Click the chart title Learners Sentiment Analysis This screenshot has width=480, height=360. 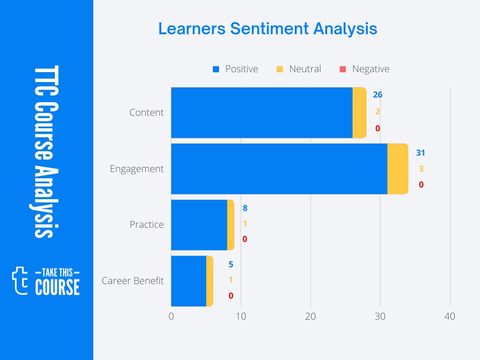[x=268, y=29]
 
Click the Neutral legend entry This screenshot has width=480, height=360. [x=299, y=69]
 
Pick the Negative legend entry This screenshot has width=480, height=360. [x=364, y=69]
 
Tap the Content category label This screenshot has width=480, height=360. [x=147, y=112]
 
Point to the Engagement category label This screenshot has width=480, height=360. [x=137, y=169]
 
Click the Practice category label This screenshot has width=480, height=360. [x=147, y=225]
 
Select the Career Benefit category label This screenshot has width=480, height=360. [x=133, y=281]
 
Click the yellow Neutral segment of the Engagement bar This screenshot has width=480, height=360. [x=398, y=169]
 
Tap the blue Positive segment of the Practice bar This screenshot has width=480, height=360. [x=199, y=225]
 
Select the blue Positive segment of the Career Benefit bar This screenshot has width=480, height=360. [x=188, y=281]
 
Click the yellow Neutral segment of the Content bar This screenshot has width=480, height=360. [x=360, y=112]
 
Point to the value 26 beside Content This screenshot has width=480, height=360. [x=377, y=95]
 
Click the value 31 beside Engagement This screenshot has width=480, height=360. [x=420, y=153]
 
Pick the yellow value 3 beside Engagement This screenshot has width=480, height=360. [x=421, y=169]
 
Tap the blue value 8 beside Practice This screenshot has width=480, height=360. [x=245, y=208]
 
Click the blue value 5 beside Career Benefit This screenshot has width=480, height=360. [x=231, y=264]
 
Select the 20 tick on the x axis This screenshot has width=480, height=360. [x=310, y=317]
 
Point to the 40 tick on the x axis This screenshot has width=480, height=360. [x=450, y=317]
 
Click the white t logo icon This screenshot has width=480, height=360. [x=20, y=281]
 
